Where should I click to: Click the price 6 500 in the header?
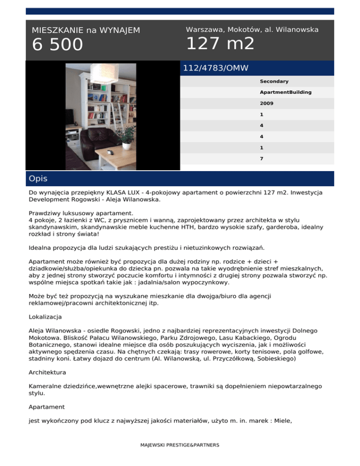coord(57,45)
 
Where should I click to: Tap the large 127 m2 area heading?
coord(220,44)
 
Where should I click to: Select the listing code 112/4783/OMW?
coord(216,68)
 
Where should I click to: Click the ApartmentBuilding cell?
coord(286,92)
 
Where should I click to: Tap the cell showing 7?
coord(262,158)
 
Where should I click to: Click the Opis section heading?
coord(38,179)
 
